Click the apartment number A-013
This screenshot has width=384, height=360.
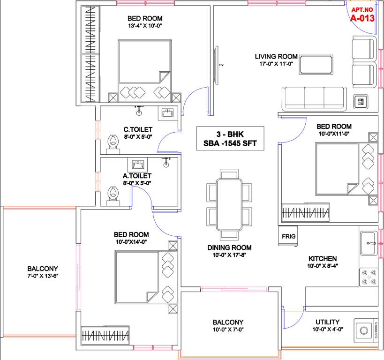pyautogui.click(x=363, y=19)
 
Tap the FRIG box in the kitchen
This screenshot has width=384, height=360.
pyautogui.click(x=288, y=237)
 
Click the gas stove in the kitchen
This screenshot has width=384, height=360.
pyautogui.click(x=369, y=277)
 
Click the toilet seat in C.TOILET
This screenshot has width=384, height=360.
pyautogui.click(x=113, y=144)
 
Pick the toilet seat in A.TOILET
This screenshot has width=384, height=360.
pyautogui.click(x=113, y=196)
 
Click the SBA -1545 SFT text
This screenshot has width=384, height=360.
pyautogui.click(x=229, y=143)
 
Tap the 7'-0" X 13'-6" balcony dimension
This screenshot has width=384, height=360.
pyautogui.click(x=42, y=276)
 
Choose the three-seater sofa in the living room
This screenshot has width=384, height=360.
pyautogui.click(x=314, y=97)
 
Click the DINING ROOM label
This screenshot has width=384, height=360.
pyautogui.click(x=229, y=247)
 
